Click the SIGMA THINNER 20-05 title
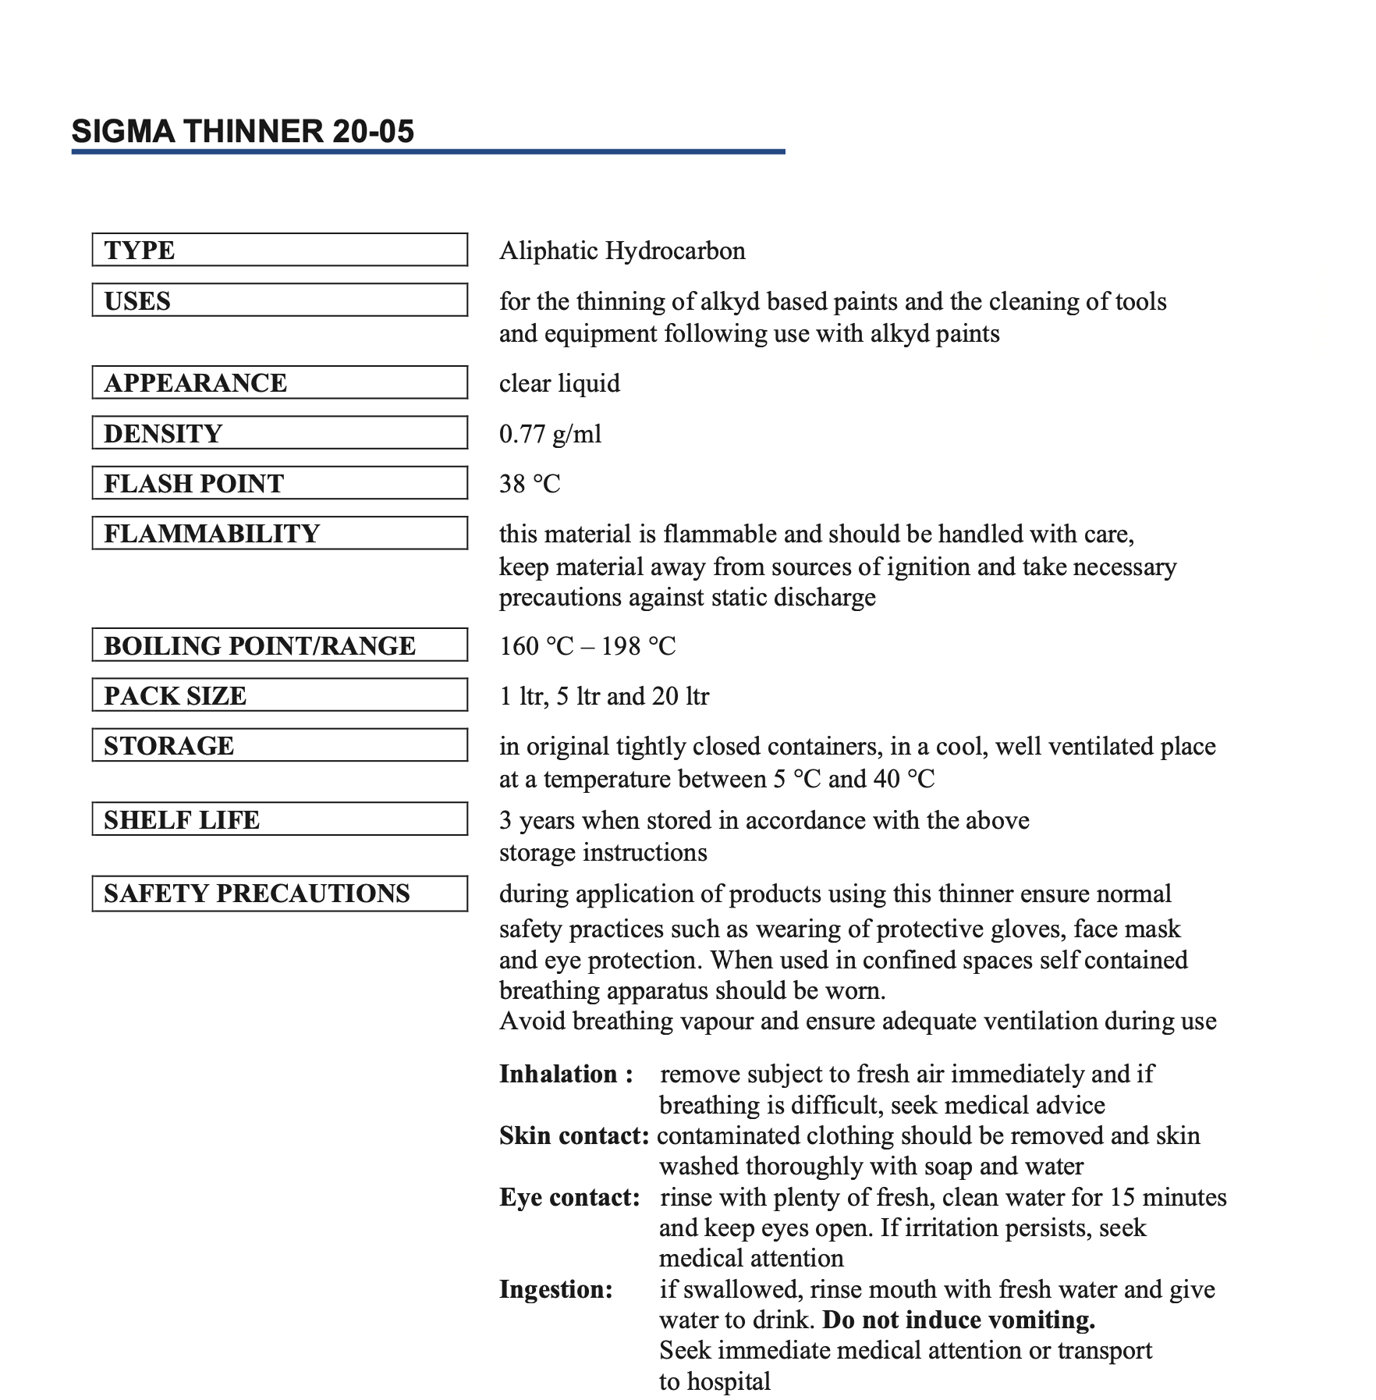pos(243,131)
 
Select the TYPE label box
pos(279,250)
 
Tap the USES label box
pos(279,300)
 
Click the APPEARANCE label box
pos(279,382)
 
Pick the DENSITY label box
pos(279,433)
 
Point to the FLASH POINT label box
pos(279,483)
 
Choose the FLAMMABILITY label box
pos(279,533)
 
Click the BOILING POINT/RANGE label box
pos(279,645)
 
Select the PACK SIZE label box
pos(279,695)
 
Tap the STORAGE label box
pos(279,745)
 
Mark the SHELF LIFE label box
pos(279,819)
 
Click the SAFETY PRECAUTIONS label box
pos(279,894)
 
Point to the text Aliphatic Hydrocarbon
pos(622,251)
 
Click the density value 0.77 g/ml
pos(550,434)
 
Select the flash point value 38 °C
pos(530,484)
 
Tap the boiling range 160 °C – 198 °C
pos(587,646)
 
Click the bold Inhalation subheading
pos(566,1074)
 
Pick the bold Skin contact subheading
pos(574,1135)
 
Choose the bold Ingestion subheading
pos(556,1289)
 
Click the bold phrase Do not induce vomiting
pos(959,1320)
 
